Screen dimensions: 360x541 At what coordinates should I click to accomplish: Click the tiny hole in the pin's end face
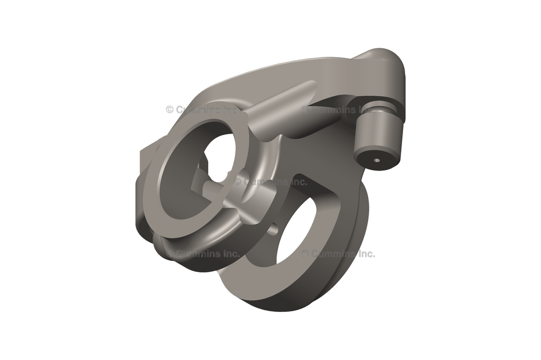point(376,159)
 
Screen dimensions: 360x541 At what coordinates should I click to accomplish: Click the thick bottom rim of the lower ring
point(275,296)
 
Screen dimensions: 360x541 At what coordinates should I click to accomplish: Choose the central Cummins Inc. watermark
point(270,182)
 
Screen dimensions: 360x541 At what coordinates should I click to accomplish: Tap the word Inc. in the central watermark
point(298,182)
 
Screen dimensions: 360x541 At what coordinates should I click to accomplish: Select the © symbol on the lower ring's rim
point(305,254)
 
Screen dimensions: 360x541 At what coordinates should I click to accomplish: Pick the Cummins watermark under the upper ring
point(203,254)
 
